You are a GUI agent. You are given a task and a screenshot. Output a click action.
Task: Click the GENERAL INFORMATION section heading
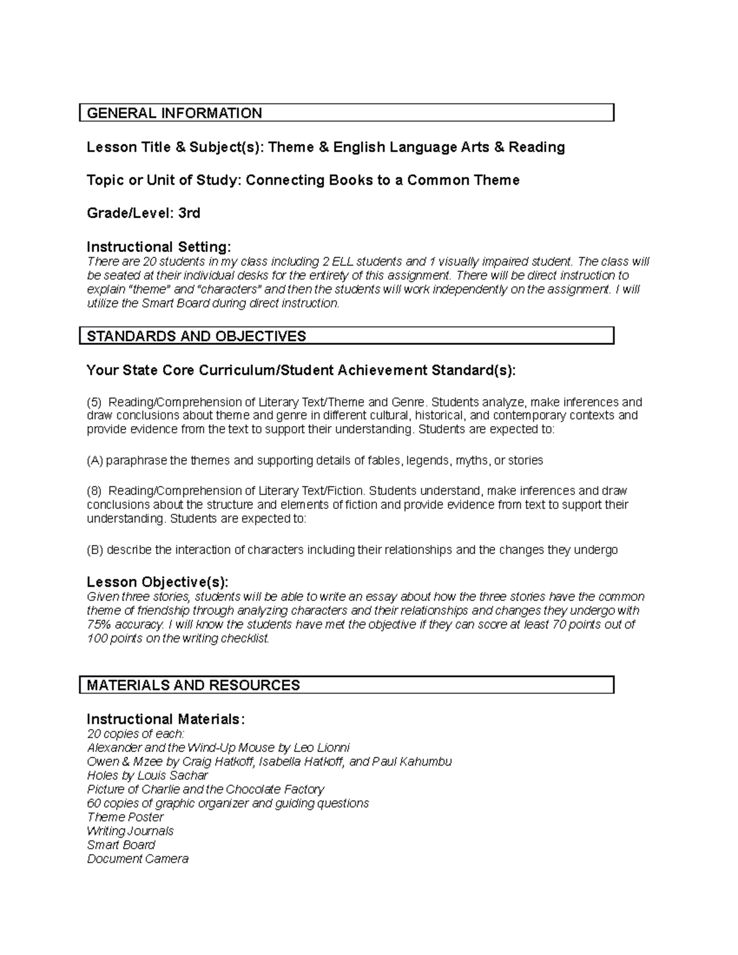[x=175, y=113]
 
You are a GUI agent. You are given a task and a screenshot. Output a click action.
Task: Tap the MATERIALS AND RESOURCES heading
[x=193, y=685]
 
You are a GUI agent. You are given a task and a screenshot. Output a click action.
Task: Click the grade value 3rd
[x=189, y=213]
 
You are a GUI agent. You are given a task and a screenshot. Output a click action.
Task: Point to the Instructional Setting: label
[x=159, y=247]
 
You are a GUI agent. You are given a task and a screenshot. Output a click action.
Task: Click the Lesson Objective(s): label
[x=157, y=582]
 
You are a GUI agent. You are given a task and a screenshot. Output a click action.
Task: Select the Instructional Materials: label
[x=165, y=719]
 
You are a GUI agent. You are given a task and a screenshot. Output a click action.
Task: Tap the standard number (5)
[x=93, y=402]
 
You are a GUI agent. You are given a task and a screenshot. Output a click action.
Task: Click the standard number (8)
[x=93, y=491]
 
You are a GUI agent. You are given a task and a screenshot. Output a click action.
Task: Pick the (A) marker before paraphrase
[x=95, y=460]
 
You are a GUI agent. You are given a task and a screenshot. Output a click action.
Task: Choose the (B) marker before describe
[x=95, y=550]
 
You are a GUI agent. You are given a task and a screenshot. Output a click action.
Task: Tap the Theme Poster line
[x=125, y=817]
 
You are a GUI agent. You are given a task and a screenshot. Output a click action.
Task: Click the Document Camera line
[x=138, y=859]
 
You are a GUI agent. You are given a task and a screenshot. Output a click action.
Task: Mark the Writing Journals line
[x=130, y=831]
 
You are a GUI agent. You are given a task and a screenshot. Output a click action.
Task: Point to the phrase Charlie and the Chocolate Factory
[x=233, y=790]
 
